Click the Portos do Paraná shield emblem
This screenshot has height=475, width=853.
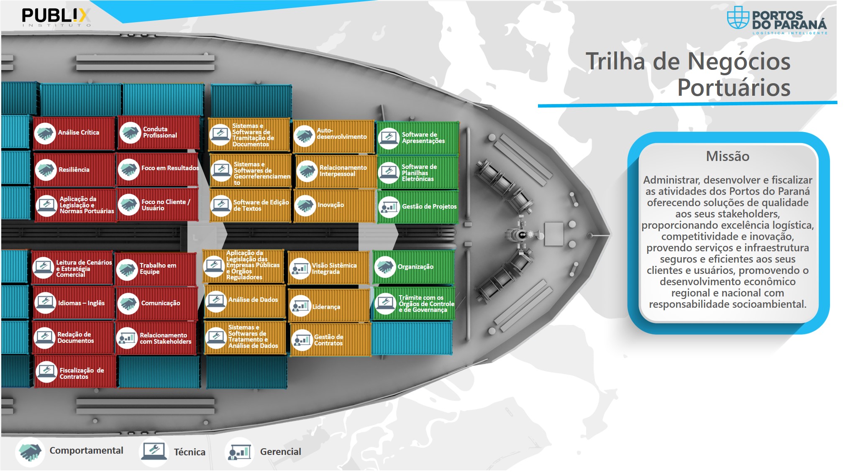coord(738,18)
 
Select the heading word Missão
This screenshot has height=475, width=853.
coord(727,156)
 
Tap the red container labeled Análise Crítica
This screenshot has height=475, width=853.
coord(74,133)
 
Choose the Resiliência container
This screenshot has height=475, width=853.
coord(74,170)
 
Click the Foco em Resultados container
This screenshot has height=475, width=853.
coord(158,169)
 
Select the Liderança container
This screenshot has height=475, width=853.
coord(329,306)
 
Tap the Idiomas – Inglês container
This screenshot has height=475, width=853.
coord(73,303)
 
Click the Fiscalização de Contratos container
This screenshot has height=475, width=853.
coord(75,371)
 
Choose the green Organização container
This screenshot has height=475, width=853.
coord(413,267)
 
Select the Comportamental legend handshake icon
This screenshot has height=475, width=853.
coord(30,452)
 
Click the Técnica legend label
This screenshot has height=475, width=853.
coord(190,452)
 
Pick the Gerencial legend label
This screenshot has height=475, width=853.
coord(280,452)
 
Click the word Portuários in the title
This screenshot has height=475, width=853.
coord(734,87)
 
